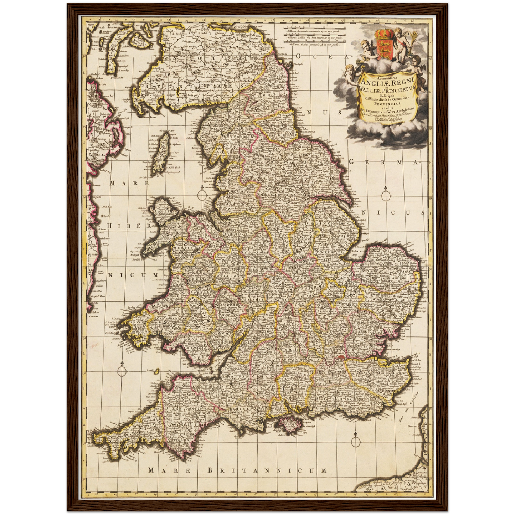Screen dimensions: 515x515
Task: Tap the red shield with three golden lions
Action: click(x=384, y=47)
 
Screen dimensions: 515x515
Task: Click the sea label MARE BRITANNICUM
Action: click(x=237, y=471)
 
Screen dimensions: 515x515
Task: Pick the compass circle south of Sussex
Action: click(x=355, y=442)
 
